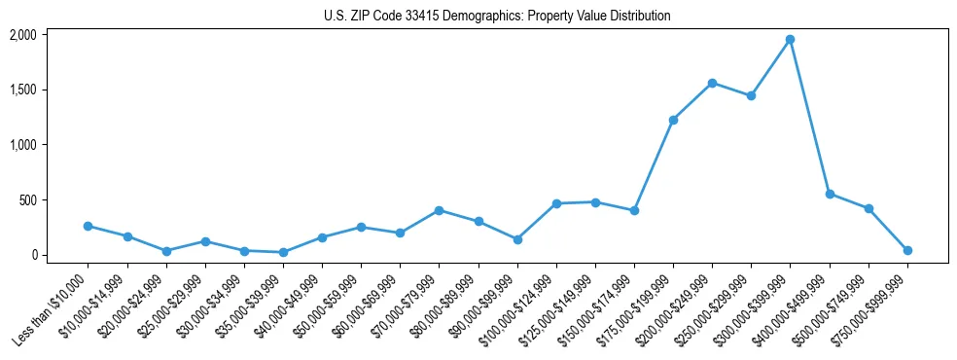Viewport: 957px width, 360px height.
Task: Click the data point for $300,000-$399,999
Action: [790, 39]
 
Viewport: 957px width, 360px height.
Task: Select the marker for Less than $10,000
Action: [88, 226]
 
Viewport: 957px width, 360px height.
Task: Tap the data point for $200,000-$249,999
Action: [712, 83]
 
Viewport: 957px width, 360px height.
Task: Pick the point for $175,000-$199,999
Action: [673, 120]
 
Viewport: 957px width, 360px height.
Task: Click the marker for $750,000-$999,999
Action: [907, 250]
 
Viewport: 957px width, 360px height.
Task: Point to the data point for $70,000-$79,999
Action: [439, 210]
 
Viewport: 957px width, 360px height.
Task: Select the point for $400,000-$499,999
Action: [829, 194]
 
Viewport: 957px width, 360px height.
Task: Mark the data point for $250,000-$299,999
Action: [751, 95]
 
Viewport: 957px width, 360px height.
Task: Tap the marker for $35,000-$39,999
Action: [283, 252]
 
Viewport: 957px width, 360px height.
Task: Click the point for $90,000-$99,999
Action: [517, 239]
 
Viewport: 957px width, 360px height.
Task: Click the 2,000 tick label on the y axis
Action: [22, 35]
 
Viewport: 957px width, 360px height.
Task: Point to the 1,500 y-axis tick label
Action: [22, 90]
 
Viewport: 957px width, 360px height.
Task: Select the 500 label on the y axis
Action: [27, 200]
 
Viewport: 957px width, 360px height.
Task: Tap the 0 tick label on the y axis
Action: [32, 255]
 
